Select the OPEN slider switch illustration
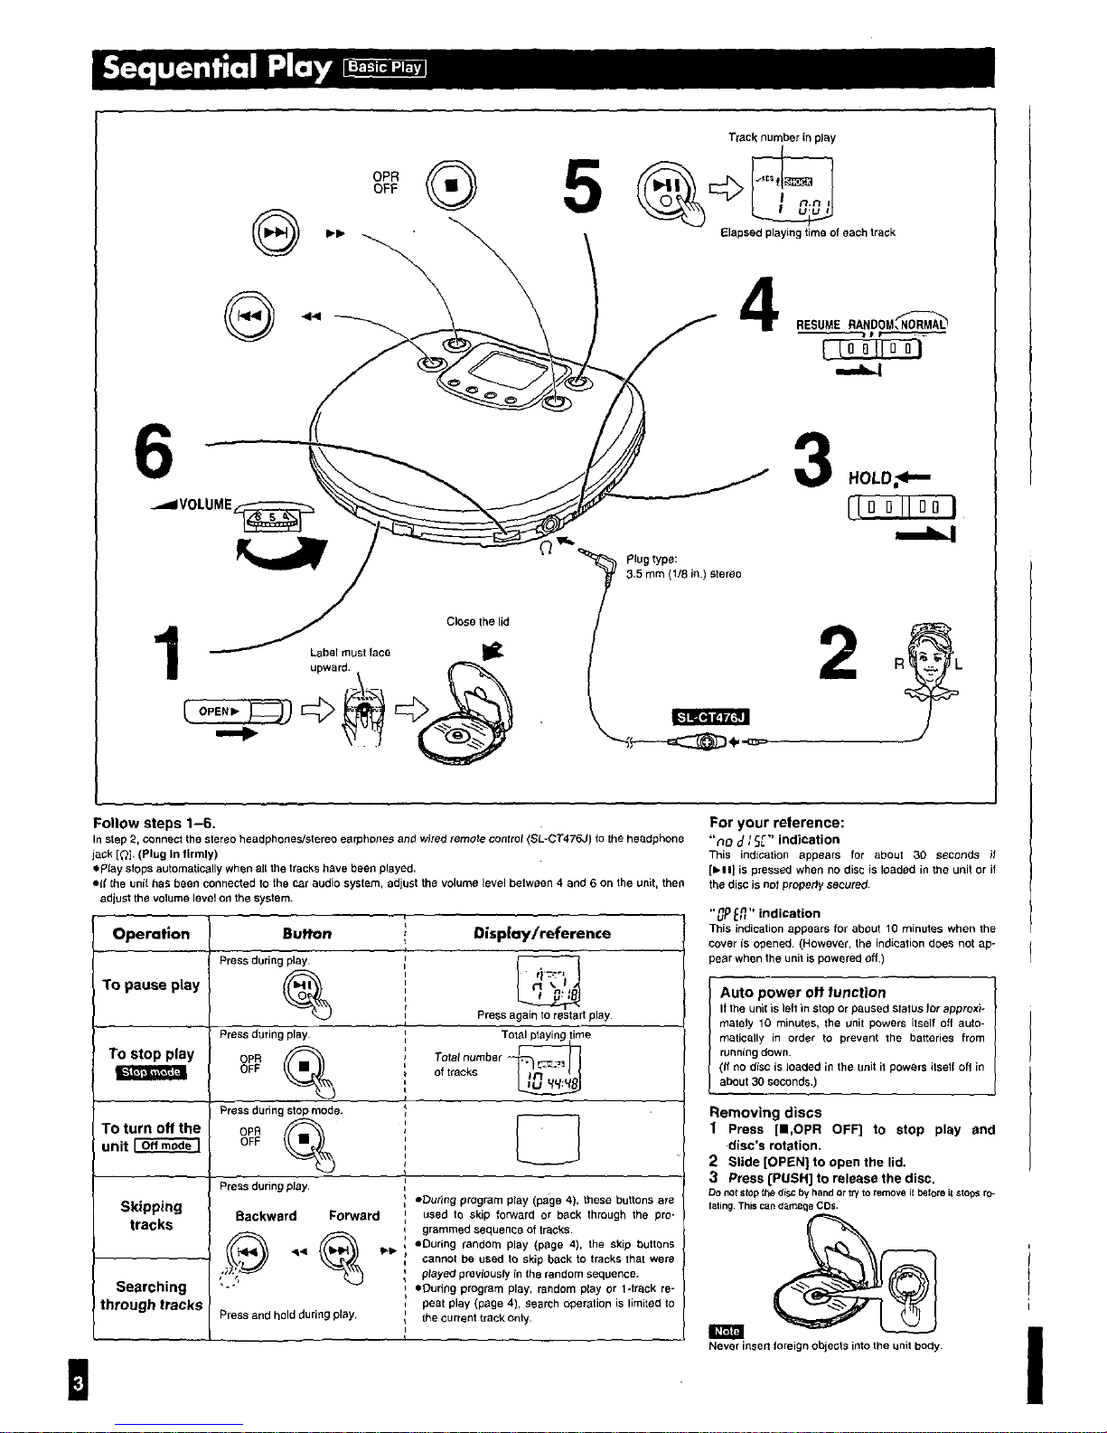(235, 712)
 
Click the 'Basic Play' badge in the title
(386, 67)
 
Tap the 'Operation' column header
(151, 934)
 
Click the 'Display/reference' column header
(542, 933)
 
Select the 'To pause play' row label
(151, 985)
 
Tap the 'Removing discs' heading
(765, 1112)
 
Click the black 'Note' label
(727, 1331)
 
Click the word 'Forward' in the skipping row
(354, 1216)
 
